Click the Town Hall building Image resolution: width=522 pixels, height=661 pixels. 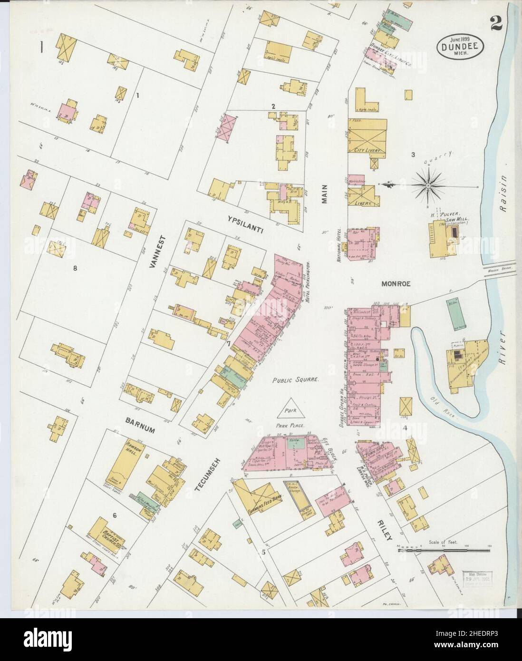pos(374,452)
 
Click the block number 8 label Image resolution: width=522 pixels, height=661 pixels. pos(75,268)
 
